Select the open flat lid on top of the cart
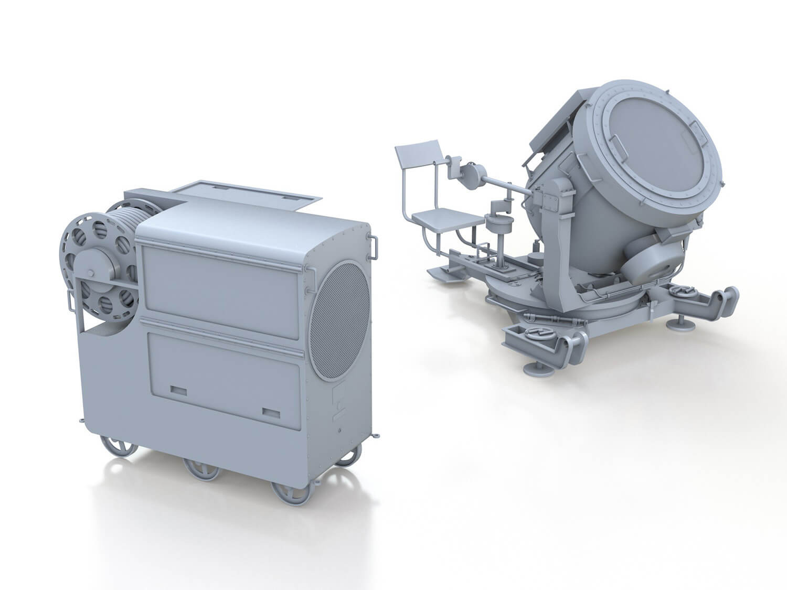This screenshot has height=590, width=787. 246,195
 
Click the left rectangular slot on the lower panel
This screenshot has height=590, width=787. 179,390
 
